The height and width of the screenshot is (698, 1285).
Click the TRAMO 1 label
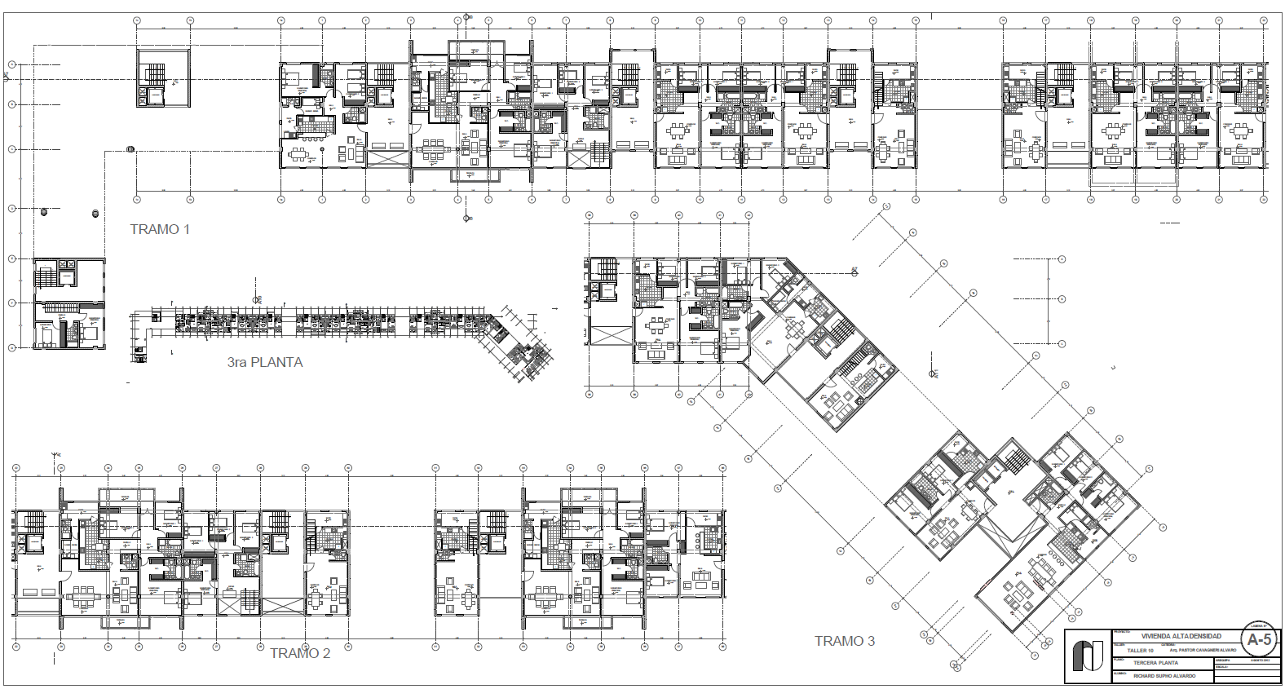[x=160, y=229]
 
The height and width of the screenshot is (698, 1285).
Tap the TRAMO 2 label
[x=300, y=653]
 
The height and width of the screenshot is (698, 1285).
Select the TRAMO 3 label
[x=845, y=641]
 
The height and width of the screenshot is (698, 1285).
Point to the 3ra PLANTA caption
[x=265, y=362]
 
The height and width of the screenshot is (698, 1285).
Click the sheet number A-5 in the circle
[x=1259, y=639]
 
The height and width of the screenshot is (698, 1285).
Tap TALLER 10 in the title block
[x=1141, y=651]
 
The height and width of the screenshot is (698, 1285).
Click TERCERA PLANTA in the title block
[x=1155, y=663]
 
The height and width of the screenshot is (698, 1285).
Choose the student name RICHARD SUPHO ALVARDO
[x=1164, y=676]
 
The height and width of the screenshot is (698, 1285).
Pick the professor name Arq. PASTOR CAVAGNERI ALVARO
[x=1203, y=650]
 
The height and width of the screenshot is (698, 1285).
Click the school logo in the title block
[x=1088, y=656]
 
